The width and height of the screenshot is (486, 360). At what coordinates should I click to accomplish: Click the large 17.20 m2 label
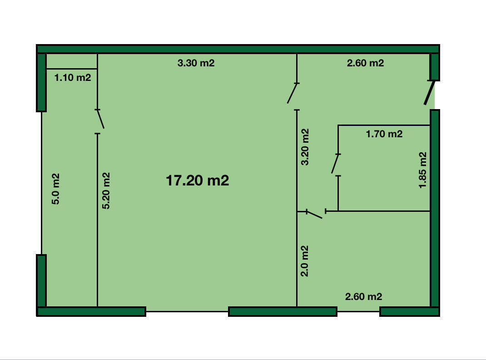coord(198,180)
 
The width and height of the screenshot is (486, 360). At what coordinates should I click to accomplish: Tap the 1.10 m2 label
coord(73,78)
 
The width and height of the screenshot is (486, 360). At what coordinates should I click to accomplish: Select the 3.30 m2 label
coord(196,63)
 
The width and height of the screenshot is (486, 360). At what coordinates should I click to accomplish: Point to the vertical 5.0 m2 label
coord(55,189)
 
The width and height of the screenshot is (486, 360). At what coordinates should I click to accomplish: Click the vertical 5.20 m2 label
coord(106,191)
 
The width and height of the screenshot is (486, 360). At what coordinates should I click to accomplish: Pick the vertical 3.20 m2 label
coord(305,147)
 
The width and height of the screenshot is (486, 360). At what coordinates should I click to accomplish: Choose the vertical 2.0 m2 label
coord(305,261)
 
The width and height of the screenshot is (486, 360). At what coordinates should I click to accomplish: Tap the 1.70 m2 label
coord(384,134)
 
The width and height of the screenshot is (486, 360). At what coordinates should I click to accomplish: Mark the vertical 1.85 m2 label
coord(423,170)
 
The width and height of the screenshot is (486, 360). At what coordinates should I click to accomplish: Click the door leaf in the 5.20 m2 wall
coord(100,119)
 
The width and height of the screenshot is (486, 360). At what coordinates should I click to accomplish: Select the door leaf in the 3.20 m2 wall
coord(293,93)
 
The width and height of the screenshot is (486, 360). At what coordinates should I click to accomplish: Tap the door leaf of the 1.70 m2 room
coord(335,164)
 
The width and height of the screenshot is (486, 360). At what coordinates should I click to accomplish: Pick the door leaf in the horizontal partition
coord(314,215)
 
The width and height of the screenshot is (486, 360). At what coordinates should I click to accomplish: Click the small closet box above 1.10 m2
coord(72,61)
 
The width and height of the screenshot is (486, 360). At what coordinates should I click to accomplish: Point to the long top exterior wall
coord(238,49)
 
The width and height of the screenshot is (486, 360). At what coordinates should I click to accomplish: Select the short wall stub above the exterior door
coord(435,67)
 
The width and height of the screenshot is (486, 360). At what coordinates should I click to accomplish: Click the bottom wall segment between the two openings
coord(283,312)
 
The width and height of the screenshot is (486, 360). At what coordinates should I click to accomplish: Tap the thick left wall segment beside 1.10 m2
coord(41,82)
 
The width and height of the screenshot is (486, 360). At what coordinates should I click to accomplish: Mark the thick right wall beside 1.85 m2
coord(435,208)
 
